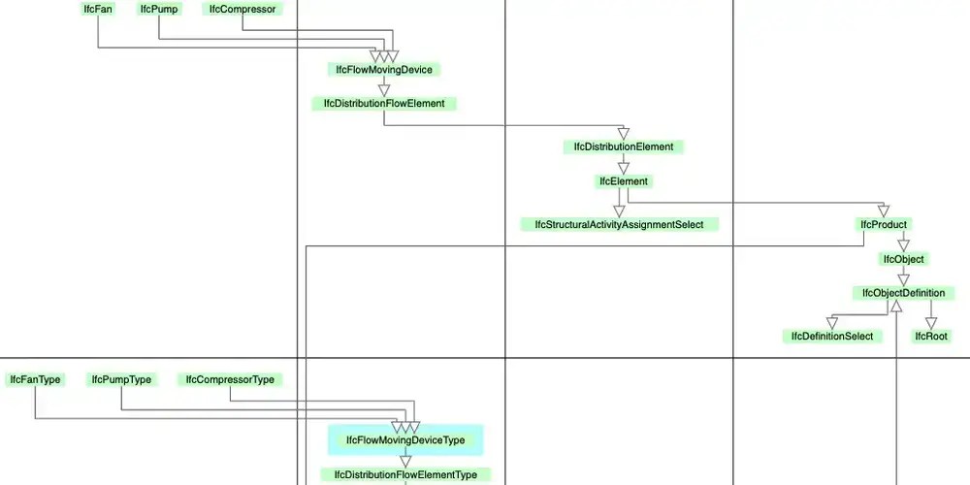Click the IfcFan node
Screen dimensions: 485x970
(97, 9)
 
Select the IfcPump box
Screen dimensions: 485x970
(157, 9)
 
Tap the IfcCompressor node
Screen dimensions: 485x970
(242, 9)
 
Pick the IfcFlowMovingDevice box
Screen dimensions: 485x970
(384, 69)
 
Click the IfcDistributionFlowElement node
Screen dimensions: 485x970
(384, 103)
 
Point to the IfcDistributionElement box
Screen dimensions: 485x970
(624, 146)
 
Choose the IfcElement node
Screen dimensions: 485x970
(624, 180)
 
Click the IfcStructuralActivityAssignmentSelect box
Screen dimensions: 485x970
(619, 224)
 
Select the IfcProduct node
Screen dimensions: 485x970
(884, 224)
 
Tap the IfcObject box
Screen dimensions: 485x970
(903, 259)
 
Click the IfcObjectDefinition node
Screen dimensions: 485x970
(903, 293)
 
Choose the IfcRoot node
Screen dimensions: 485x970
(931, 337)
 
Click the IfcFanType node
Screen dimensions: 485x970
(36, 379)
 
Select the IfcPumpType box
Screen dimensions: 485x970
(121, 379)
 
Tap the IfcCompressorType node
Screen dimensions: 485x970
(230, 379)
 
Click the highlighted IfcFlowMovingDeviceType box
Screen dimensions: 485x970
(405, 440)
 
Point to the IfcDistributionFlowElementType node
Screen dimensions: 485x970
(405, 475)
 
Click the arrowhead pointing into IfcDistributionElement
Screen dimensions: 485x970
(624, 134)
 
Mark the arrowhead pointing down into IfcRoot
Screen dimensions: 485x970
(931, 323)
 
